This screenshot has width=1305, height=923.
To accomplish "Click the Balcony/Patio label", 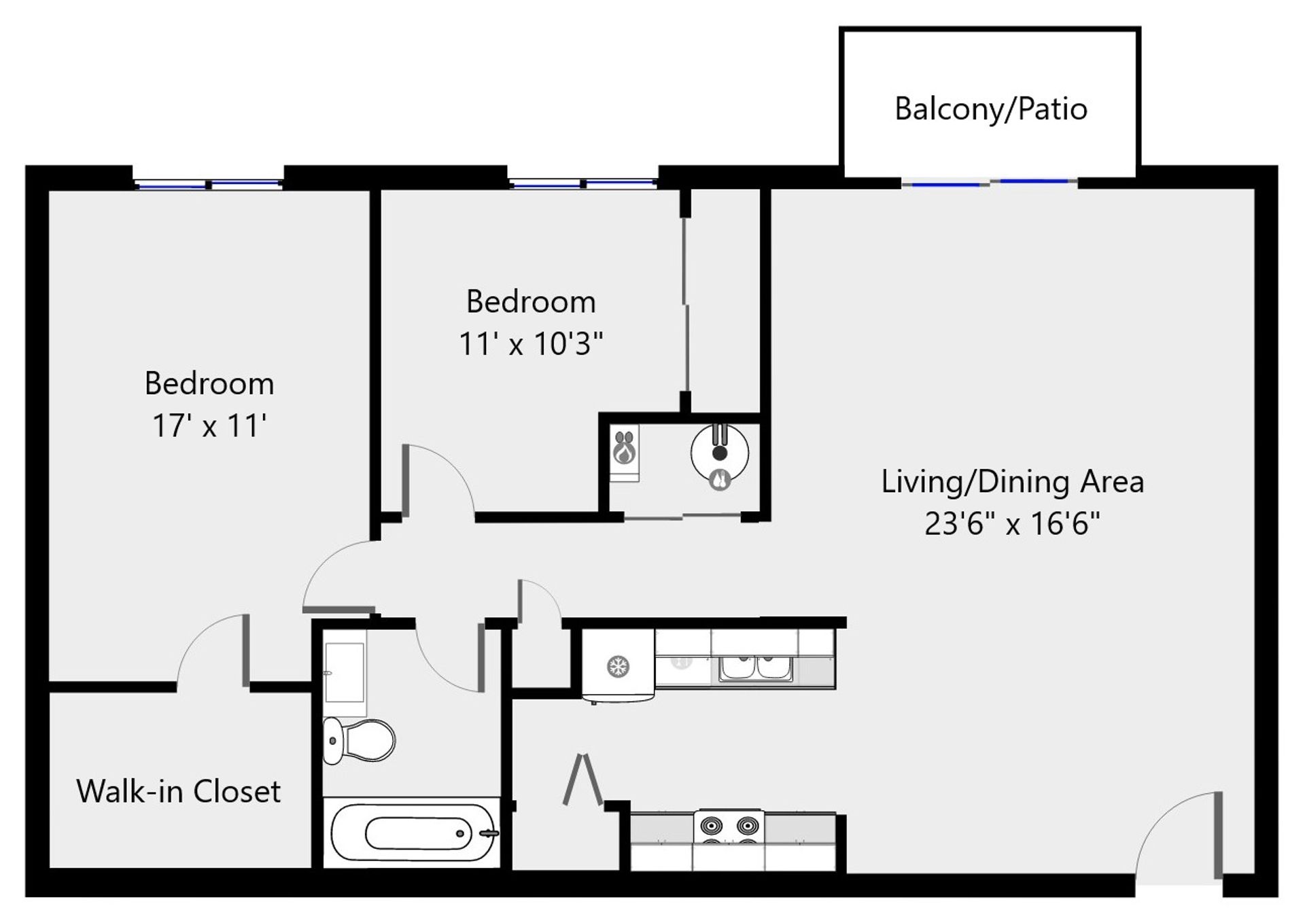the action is pos(991,109).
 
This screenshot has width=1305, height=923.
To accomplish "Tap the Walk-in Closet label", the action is pos(178,791).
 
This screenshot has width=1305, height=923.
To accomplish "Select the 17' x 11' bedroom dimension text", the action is pos(209,426).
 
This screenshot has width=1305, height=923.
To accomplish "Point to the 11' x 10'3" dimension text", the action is pos(531,344).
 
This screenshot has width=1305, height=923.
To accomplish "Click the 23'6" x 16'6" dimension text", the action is pos(1012,523).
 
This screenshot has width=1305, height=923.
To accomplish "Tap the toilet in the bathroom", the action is pos(359,740).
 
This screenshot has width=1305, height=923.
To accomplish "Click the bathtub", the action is pos(412,833).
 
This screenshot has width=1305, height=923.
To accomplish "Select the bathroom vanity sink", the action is pos(345,672).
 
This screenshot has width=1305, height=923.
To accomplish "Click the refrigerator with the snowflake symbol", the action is pos(618,665).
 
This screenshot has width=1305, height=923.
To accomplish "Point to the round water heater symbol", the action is pos(720,453).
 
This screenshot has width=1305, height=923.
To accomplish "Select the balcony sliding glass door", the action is pos(990,182).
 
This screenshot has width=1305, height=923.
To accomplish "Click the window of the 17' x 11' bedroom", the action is pos(209,184).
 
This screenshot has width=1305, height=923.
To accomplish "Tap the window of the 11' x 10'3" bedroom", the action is pos(583,184).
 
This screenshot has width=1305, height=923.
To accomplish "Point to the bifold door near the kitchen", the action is pos(583,780).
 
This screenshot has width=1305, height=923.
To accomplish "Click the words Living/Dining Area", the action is pos(1013,482).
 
